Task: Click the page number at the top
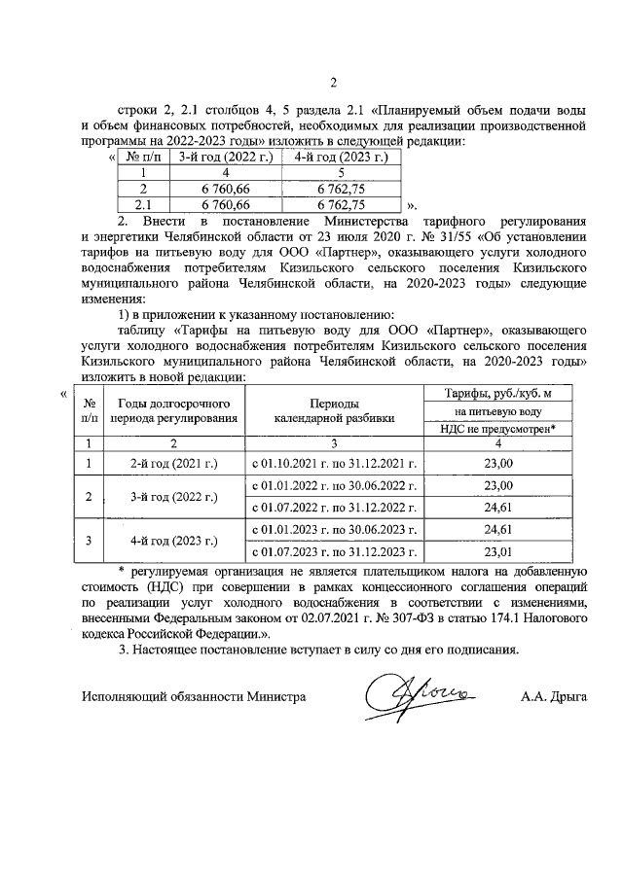pyautogui.click(x=332, y=82)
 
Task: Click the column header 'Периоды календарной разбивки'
pyautogui.click(x=333, y=409)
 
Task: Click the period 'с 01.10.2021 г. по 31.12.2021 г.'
pyautogui.click(x=333, y=464)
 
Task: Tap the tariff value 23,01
pyautogui.click(x=497, y=552)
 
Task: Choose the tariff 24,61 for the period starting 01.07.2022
pyautogui.click(x=497, y=508)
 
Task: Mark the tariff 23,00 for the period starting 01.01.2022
pyautogui.click(x=497, y=485)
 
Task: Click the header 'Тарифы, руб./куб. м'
pyautogui.click(x=497, y=392)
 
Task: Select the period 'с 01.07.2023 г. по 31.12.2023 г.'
pyautogui.click(x=333, y=552)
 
